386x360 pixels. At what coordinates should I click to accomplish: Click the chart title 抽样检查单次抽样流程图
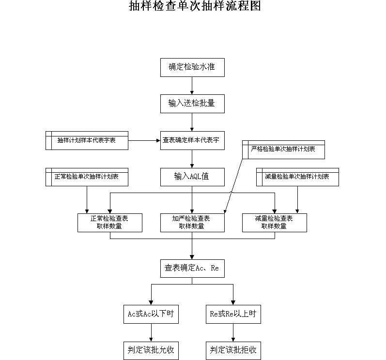point(195,6)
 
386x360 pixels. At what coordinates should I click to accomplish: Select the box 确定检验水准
point(192,67)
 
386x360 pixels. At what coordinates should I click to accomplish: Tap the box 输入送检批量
point(192,104)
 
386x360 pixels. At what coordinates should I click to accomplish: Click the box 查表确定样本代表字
point(192,140)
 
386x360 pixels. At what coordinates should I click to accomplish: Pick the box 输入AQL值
point(192,177)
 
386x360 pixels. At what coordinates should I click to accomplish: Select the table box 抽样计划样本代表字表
point(87,140)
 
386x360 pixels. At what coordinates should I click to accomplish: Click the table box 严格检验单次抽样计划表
point(283,150)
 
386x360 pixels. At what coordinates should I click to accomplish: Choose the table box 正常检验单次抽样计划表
point(87,177)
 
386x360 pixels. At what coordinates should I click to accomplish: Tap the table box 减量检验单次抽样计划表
point(297,177)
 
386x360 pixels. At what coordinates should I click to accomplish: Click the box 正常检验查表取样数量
point(110,223)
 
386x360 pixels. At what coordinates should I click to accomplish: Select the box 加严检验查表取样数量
point(192,223)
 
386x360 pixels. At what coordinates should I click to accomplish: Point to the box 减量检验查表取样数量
point(275,223)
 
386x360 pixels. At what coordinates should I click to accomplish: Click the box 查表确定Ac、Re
point(192,268)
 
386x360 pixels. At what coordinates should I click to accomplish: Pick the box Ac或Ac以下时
point(151,314)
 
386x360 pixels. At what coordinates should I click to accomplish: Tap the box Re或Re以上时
point(233,314)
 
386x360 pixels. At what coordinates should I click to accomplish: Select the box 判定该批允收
point(151,351)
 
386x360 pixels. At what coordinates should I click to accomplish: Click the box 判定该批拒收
point(233,351)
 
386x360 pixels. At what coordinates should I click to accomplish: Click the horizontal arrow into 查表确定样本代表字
point(144,141)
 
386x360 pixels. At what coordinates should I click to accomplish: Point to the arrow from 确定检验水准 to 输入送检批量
point(192,86)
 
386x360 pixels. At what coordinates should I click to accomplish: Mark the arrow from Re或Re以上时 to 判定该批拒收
point(233,332)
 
